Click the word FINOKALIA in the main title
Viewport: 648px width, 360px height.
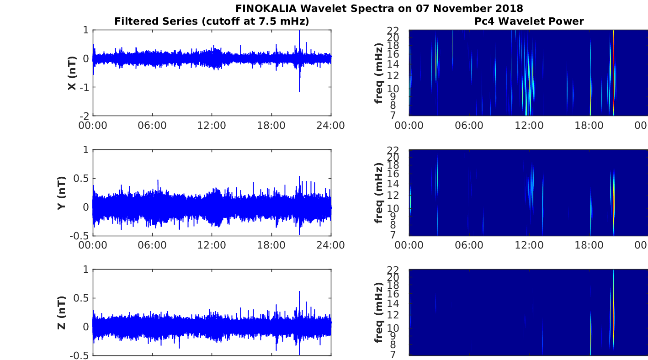[266, 9]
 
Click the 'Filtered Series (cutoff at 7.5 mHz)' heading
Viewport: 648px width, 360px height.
[212, 21]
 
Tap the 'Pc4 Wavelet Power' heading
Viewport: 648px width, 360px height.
[529, 21]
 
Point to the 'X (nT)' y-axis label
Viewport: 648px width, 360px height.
[72, 73]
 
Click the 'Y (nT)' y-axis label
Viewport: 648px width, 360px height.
[62, 193]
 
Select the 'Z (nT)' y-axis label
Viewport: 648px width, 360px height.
[62, 312]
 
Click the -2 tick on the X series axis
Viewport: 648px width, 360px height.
[85, 116]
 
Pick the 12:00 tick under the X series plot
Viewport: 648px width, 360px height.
[212, 126]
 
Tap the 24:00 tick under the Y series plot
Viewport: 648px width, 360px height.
[330, 245]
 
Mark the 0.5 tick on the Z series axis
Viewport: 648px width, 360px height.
[81, 298]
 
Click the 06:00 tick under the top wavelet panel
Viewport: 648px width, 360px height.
[469, 126]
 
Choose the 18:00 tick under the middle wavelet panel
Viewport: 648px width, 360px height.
[589, 245]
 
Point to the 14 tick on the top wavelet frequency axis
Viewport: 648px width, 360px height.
[393, 64]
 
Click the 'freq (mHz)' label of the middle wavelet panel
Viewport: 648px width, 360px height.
[378, 193]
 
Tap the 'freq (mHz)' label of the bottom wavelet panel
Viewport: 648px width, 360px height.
[378, 312]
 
